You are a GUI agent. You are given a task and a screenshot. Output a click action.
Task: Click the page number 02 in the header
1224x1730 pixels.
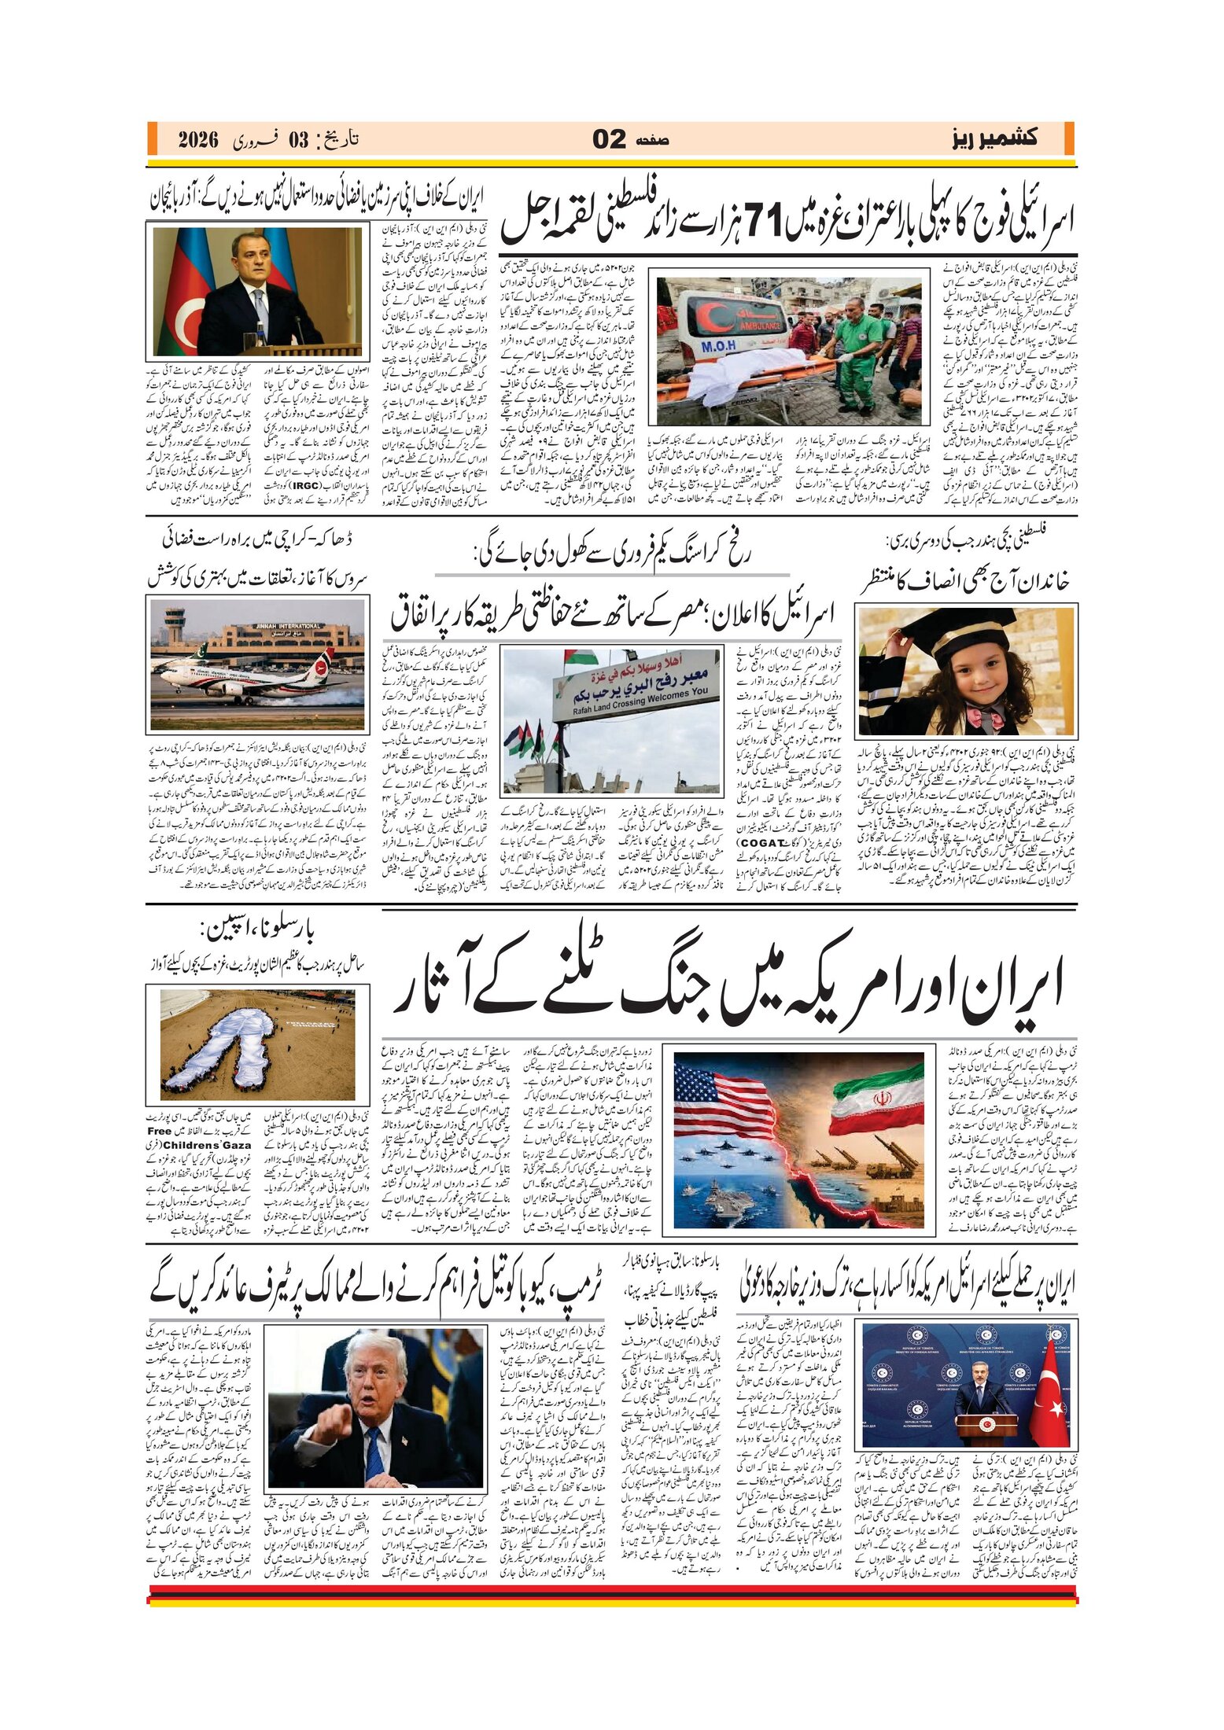point(610,140)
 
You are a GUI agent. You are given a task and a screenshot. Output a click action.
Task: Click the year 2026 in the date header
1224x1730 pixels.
point(197,141)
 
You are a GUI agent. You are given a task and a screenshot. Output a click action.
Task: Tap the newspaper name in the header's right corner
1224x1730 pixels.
point(993,139)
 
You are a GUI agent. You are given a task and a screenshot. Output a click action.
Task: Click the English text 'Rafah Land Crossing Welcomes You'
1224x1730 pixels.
point(636,698)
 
